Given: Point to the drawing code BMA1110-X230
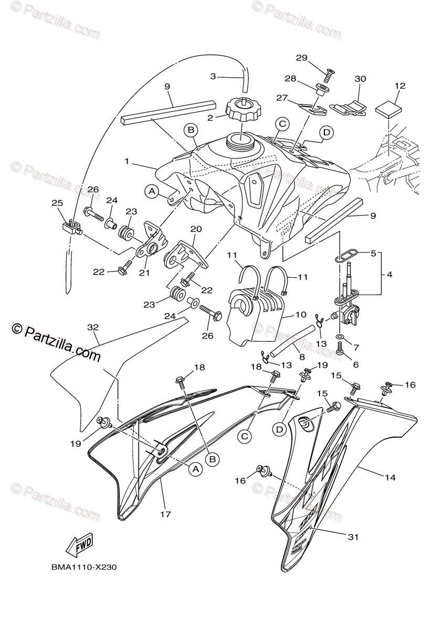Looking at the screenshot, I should [84, 568].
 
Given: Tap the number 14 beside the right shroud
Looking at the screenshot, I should [389, 478].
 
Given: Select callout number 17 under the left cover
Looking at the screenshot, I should [165, 514].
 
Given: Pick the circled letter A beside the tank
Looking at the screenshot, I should [152, 192].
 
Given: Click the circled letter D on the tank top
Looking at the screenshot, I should [326, 133].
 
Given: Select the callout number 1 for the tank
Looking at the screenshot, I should [126, 162].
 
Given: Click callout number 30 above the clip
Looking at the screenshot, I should [360, 79].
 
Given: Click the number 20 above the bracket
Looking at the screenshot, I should [196, 229].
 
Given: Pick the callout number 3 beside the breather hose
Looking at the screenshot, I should [213, 77].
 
